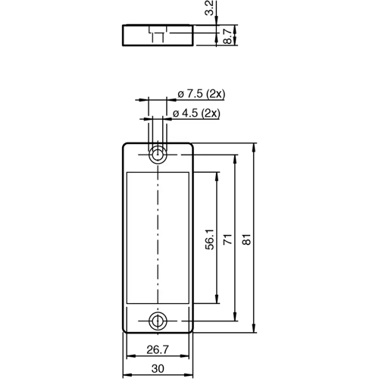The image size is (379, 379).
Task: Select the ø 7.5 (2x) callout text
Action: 201,93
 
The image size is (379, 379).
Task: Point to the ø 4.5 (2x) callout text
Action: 196,113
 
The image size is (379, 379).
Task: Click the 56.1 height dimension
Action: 208,239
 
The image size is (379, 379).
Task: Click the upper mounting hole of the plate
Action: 158,155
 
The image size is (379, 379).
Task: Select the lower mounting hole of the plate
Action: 158,320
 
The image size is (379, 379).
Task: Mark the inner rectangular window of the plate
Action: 158,237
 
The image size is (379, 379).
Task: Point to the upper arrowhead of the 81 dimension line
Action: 254,146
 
